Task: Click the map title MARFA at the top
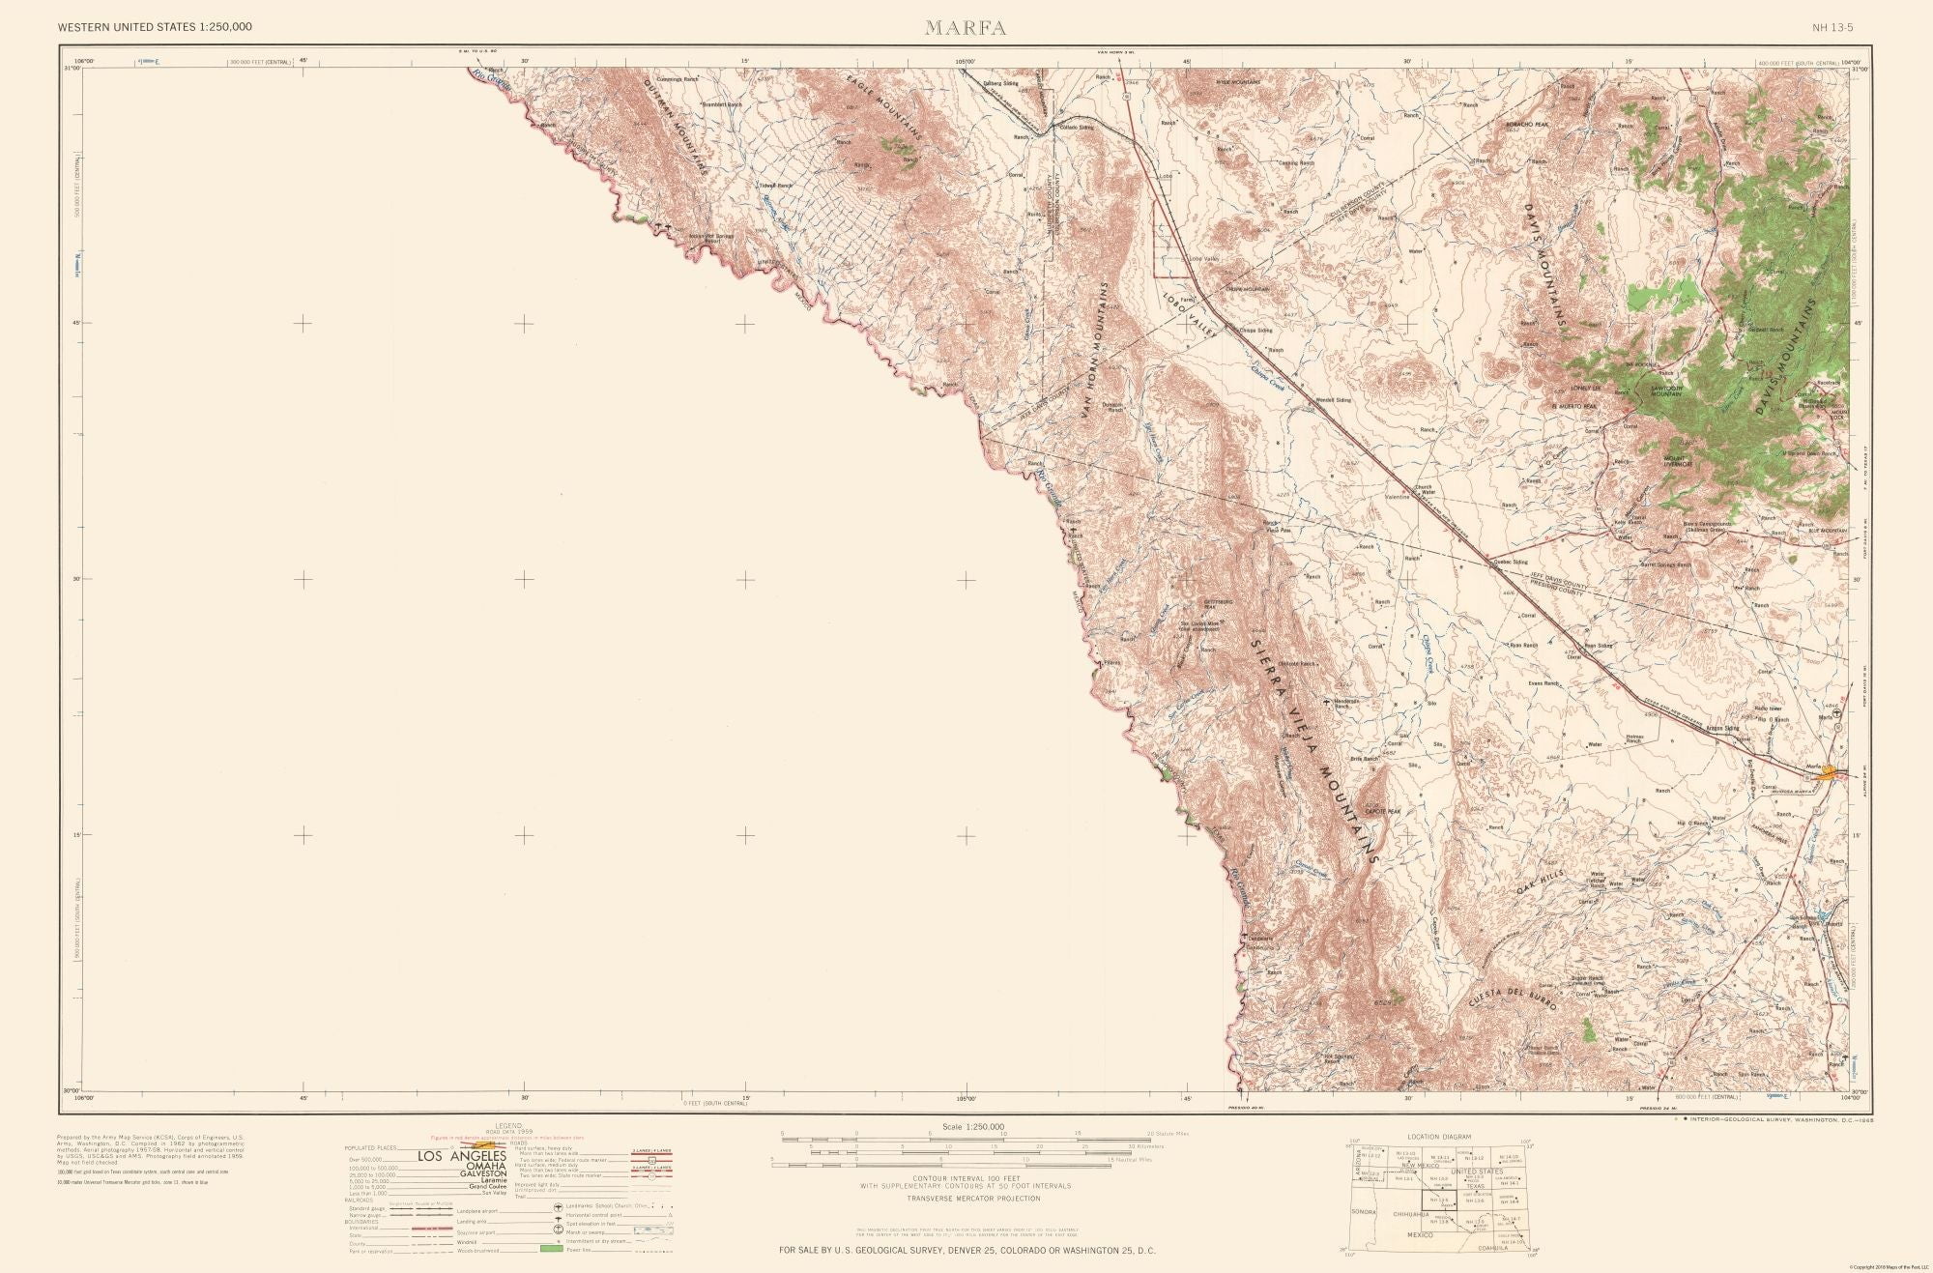pos(966,28)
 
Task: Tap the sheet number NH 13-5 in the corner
pos(1832,27)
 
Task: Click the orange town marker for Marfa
pos(1826,772)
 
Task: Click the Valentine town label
pos(1398,498)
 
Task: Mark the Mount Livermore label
pos(1678,462)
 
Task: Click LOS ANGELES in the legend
pos(461,1157)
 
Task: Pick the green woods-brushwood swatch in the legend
pos(551,1250)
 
